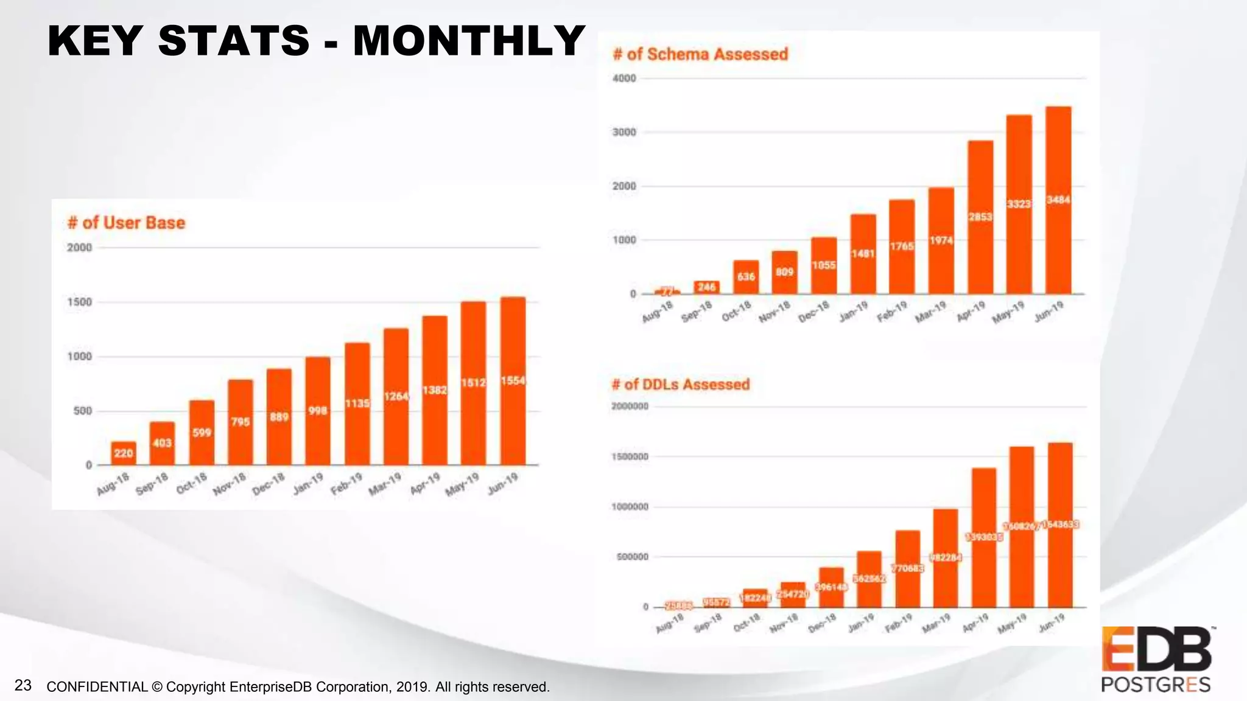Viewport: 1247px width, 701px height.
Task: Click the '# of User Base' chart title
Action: [126, 223]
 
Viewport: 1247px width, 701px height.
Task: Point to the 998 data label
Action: [317, 411]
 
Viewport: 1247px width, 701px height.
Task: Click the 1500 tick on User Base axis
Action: [79, 302]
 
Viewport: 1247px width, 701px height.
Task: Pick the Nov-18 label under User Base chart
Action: [230, 484]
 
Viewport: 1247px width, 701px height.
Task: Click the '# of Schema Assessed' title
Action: [700, 54]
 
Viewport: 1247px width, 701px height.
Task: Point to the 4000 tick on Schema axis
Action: [624, 78]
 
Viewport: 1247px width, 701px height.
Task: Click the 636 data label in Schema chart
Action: [746, 277]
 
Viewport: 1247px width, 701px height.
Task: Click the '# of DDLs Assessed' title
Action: [681, 385]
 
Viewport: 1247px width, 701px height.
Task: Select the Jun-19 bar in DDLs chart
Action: [1060, 548]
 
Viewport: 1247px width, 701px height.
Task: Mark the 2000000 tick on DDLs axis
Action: [630, 406]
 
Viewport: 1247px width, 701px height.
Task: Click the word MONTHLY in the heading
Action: [469, 41]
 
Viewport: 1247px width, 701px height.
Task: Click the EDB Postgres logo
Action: [1156, 659]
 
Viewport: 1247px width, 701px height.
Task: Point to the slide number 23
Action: [23, 685]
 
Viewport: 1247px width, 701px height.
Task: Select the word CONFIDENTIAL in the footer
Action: [97, 687]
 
